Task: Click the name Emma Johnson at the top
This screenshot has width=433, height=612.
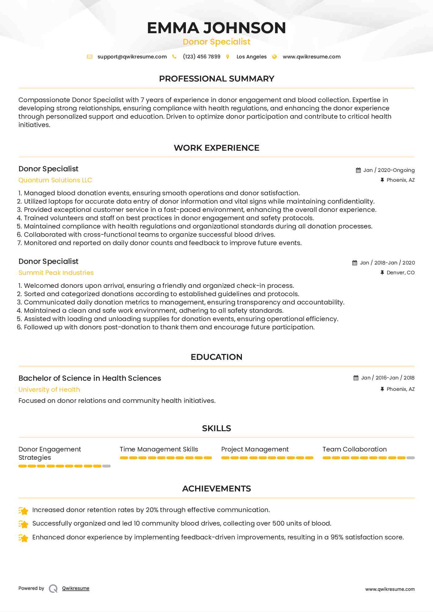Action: (216, 28)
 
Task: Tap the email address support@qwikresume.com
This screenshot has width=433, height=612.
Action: (132, 57)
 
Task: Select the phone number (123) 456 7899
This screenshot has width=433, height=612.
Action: (202, 57)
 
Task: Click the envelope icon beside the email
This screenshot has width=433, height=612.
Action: (90, 57)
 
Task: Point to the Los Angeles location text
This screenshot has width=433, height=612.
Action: (251, 57)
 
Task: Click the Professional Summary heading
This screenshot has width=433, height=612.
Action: (216, 79)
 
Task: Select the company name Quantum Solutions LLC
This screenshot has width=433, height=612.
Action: (55, 180)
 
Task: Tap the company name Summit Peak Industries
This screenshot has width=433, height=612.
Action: (56, 273)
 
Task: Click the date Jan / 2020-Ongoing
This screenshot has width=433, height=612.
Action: (389, 170)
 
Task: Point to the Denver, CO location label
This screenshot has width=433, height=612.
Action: (400, 273)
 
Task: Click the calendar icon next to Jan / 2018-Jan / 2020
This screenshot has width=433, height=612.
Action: (355, 263)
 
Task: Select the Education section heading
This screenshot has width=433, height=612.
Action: (216, 357)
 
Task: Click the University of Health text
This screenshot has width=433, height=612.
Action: (49, 390)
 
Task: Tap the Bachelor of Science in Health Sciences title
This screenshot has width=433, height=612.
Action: (90, 378)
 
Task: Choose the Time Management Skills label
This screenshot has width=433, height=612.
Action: (159, 449)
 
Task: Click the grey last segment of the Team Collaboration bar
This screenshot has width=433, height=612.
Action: (411, 458)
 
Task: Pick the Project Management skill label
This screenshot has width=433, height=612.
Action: (255, 449)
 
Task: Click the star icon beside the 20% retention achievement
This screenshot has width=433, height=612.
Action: (23, 511)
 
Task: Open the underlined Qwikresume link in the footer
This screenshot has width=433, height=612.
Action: (76, 588)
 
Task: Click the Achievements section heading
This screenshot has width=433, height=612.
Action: (216, 489)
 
